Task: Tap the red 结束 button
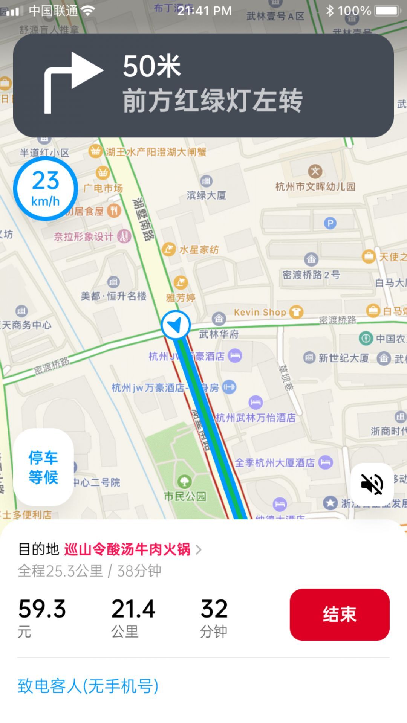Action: [x=339, y=614]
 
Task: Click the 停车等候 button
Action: [x=43, y=467]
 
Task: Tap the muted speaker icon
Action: [x=372, y=484]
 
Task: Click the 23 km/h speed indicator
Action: [x=46, y=189]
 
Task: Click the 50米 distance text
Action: [x=152, y=66]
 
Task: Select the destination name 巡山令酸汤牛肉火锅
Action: [x=127, y=549]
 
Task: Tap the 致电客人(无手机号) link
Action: [x=88, y=686]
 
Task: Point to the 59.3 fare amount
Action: [x=42, y=609]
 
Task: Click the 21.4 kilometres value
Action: [x=133, y=609]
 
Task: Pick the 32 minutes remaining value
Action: [x=214, y=609]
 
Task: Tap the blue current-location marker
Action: [x=176, y=325]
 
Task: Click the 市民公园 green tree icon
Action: [x=184, y=481]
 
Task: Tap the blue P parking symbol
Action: [x=330, y=223]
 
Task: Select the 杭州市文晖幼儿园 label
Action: [x=315, y=186]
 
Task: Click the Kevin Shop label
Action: [x=260, y=312]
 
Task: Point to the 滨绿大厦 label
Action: [x=207, y=195]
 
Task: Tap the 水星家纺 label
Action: [x=199, y=250]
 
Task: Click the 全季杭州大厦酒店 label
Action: [x=275, y=462]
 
